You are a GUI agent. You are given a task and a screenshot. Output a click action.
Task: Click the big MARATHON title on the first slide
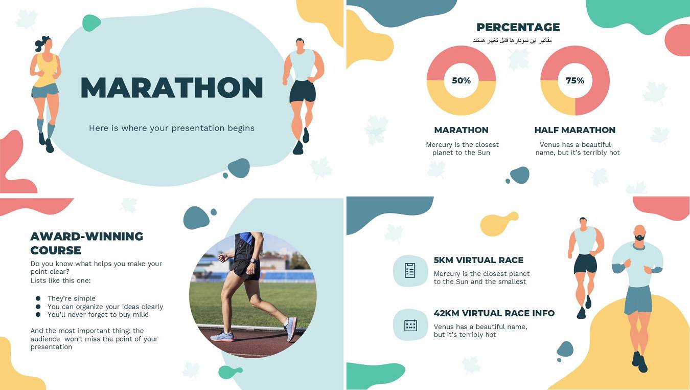[x=172, y=88]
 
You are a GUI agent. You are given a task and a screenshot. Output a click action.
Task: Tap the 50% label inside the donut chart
[x=461, y=80]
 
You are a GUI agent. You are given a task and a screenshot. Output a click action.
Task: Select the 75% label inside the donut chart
[x=575, y=80]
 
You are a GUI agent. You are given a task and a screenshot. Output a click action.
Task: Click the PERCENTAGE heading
[x=518, y=28]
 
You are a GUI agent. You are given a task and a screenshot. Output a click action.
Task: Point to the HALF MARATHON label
[x=575, y=130]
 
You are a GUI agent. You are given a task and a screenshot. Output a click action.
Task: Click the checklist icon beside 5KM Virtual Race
[x=410, y=271]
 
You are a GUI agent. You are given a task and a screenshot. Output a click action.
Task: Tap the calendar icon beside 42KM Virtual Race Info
[x=410, y=325]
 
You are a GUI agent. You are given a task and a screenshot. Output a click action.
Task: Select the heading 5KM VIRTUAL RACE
[x=478, y=260]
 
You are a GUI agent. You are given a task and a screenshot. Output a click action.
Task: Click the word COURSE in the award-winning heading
[x=56, y=250]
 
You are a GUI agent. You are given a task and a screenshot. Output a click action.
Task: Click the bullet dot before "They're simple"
[x=38, y=298]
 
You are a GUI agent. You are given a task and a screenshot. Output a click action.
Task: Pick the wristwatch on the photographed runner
[x=253, y=261]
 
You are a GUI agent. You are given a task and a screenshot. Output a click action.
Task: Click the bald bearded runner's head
[x=640, y=233]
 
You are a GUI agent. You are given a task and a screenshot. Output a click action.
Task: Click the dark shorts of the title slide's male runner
[x=303, y=91]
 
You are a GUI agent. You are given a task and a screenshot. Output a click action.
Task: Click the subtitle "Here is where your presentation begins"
[x=172, y=128]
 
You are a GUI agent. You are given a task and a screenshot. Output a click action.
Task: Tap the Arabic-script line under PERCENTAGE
[x=512, y=40]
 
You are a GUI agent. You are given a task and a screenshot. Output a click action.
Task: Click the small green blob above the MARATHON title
[x=91, y=23]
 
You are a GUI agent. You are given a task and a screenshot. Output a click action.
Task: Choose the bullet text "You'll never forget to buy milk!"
[x=98, y=315]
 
